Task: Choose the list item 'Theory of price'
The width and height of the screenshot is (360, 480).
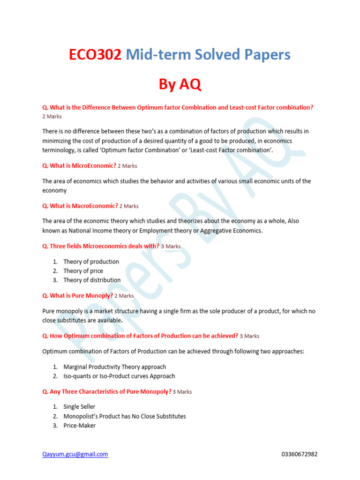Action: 83,271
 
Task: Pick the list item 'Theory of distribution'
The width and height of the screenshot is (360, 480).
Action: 92,280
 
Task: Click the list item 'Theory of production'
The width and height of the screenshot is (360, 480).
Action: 91,262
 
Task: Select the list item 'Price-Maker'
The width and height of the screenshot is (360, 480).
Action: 79,426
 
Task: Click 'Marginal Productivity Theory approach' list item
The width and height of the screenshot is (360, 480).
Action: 114,367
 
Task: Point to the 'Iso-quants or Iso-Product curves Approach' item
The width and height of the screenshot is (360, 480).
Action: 119,376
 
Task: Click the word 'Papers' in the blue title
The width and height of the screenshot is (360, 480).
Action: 267,55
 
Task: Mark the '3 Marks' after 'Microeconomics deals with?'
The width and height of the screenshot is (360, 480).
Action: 171,247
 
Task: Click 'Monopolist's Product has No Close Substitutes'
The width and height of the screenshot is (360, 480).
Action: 124,416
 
